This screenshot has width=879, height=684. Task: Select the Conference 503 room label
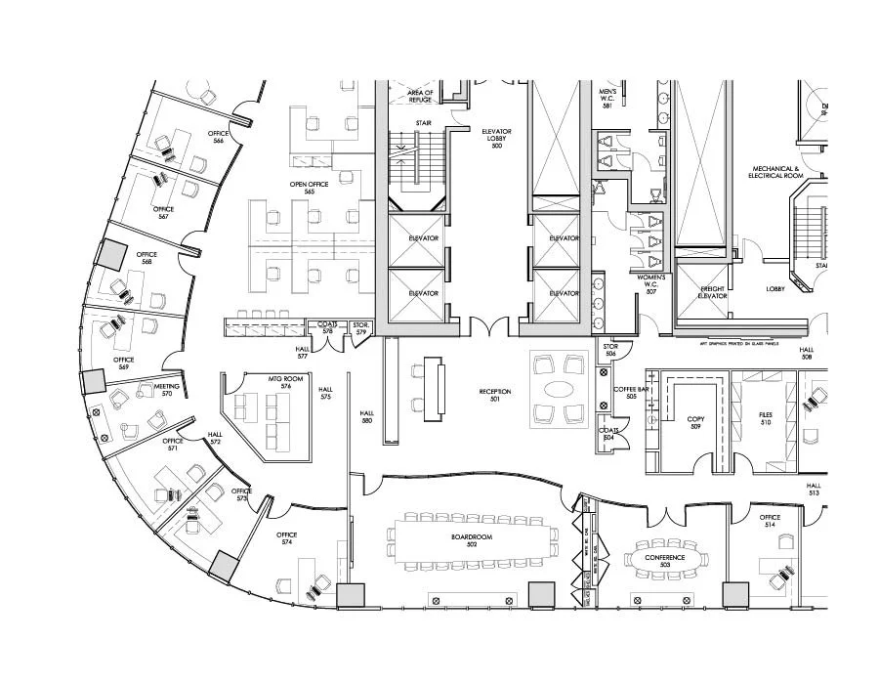coord(664,561)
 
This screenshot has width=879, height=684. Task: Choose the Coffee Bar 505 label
coord(625,393)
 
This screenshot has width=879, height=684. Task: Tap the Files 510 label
coord(765,418)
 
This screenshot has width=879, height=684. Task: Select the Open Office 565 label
coord(309,188)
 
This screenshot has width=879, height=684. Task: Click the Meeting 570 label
coord(167,390)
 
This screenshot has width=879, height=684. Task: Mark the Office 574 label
coord(286,538)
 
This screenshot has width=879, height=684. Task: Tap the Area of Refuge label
coord(420,96)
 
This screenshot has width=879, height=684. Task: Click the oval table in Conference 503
coord(664,559)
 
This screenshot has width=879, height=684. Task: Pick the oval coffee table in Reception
coord(561,389)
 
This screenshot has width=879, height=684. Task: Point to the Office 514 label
coord(770,521)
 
